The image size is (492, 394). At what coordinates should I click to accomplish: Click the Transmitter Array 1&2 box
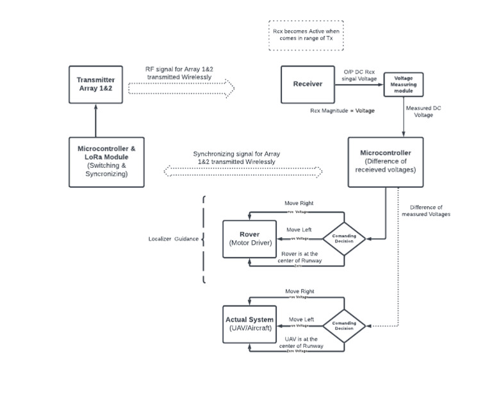[x=95, y=85]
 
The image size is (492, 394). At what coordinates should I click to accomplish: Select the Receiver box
[x=307, y=85]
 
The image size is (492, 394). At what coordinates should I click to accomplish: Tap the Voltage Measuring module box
[x=403, y=85]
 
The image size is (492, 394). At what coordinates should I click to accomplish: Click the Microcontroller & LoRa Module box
[x=106, y=161]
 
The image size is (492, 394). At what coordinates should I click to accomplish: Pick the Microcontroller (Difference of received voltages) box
[x=385, y=161]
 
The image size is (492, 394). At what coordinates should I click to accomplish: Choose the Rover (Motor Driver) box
[x=249, y=239]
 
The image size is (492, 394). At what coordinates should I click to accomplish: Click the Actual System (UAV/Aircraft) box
[x=249, y=324]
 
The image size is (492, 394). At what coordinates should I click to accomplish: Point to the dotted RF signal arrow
[x=182, y=88]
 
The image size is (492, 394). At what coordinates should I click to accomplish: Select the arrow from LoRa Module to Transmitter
[x=95, y=120]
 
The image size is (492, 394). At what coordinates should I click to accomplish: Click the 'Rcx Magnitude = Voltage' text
[x=342, y=110]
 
